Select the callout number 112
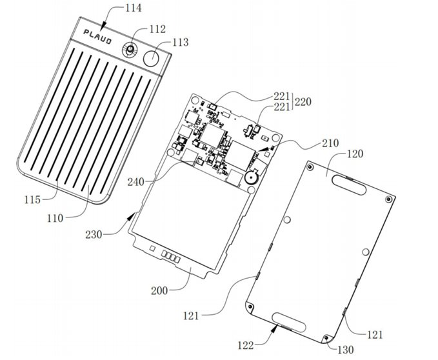pyautogui.click(x=157, y=29)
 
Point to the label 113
pyautogui.click(x=181, y=43)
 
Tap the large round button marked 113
pyautogui.click(x=153, y=57)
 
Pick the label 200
pyautogui.click(x=159, y=291)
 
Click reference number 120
pyautogui.click(x=355, y=155)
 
